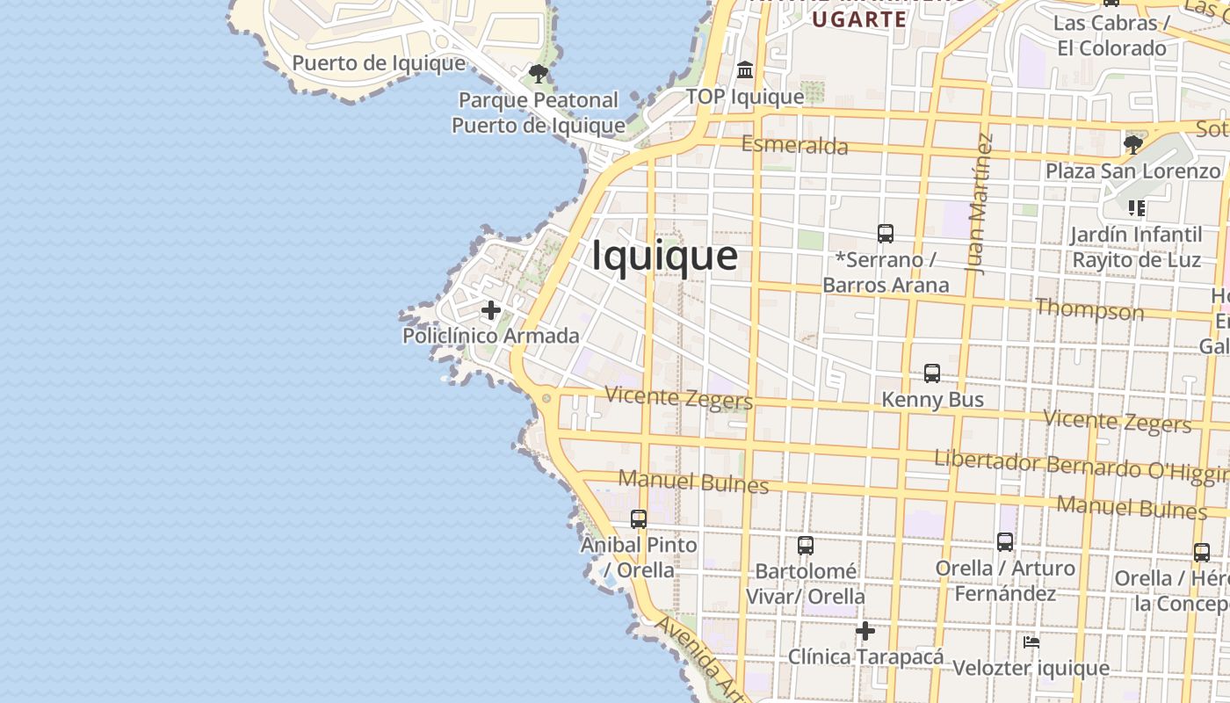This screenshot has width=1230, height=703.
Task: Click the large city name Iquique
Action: tap(664, 256)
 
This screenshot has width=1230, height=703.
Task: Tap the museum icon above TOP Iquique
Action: tap(745, 69)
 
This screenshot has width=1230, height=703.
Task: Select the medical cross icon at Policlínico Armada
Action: tap(491, 310)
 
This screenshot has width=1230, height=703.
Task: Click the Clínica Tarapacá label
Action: tap(865, 656)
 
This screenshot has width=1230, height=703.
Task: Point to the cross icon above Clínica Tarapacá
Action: tap(865, 631)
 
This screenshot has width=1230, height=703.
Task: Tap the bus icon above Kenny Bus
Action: tap(932, 373)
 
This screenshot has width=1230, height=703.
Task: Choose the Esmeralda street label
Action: tap(795, 145)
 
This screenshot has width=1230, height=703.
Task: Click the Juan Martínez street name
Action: tap(980, 204)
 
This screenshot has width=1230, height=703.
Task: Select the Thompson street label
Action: tap(1089, 309)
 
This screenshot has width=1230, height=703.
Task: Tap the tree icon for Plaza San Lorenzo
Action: tap(1133, 144)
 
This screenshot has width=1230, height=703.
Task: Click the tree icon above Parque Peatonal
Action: tap(539, 74)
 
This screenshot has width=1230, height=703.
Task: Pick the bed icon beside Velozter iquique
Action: tap(1031, 642)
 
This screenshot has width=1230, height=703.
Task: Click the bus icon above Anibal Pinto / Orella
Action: tap(639, 519)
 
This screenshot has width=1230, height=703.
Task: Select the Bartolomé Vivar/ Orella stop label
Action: tap(806, 583)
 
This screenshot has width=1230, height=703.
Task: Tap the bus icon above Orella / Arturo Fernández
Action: tap(1005, 542)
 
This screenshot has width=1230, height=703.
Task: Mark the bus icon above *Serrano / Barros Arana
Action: tap(886, 234)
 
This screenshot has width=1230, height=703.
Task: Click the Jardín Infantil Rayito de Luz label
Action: tap(1136, 247)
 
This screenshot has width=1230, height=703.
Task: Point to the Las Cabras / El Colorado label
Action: tap(1111, 35)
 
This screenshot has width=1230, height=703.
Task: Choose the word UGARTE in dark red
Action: tap(859, 19)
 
